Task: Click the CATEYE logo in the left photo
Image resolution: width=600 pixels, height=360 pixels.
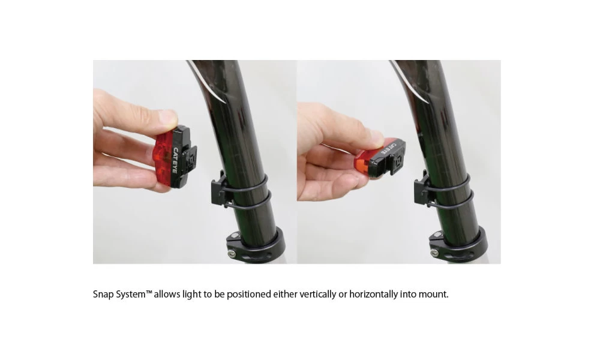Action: click(175, 160)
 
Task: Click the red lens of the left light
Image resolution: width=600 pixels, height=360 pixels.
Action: click(163, 157)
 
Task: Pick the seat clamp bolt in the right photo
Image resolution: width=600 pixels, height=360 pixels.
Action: click(434, 253)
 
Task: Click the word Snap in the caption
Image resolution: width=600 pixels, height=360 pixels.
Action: click(103, 295)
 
